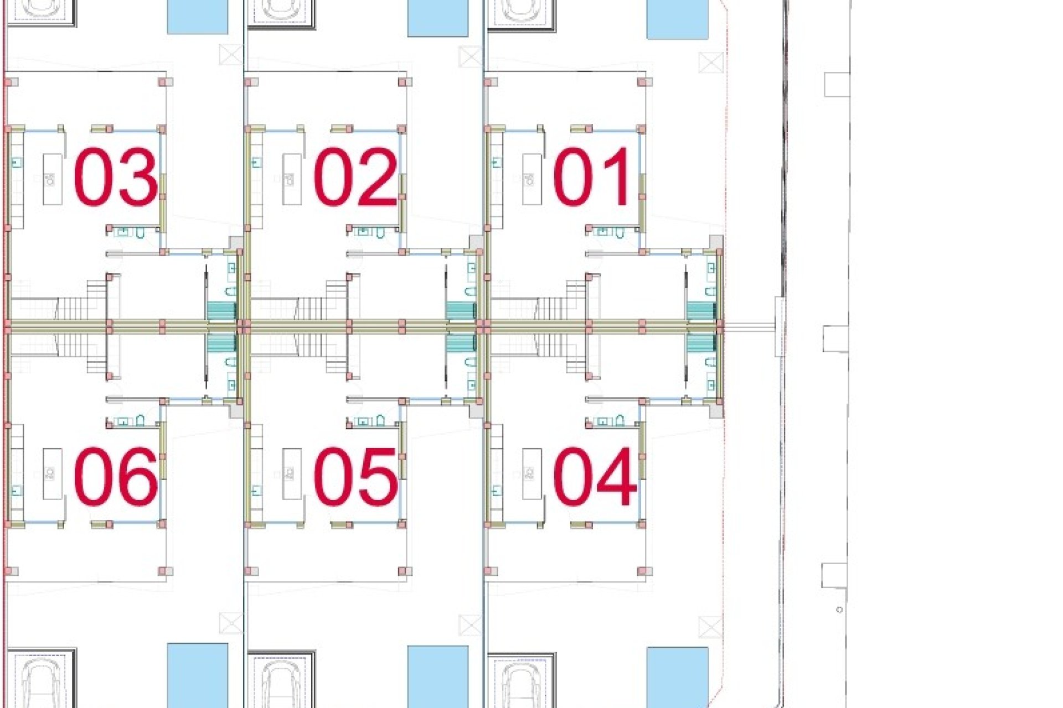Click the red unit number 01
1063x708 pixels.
591,177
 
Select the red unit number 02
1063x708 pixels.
355,177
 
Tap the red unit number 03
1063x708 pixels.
115,177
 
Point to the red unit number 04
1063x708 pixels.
595,477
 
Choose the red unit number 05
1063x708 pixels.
355,477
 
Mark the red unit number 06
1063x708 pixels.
115,477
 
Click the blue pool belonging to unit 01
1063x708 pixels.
678,19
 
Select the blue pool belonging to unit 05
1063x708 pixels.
438,676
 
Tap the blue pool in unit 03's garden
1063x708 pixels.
198,17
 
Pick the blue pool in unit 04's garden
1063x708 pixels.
678,678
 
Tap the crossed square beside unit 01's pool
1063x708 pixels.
711,63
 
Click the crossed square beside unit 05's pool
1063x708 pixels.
471,626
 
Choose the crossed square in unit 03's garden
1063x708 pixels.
231,55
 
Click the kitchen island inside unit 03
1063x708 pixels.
53,179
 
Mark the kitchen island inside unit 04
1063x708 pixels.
532,473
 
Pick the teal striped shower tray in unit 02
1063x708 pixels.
461,311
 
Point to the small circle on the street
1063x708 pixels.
839,610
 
